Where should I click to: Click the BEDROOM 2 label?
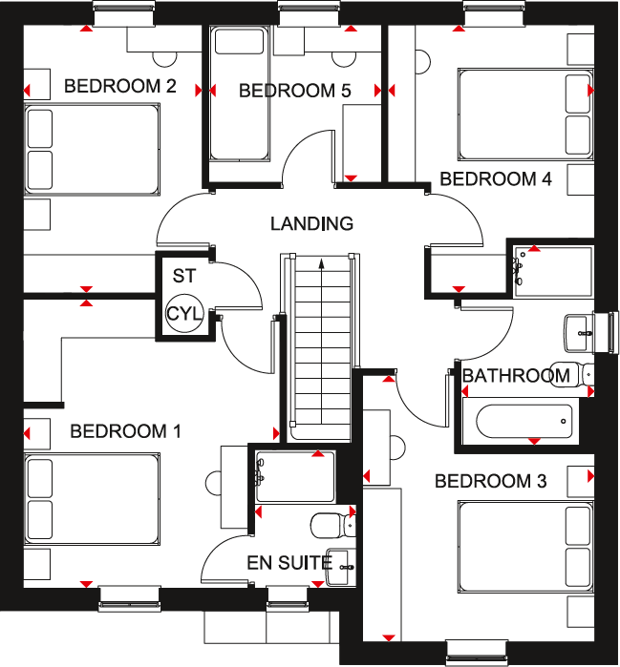(x=119, y=87)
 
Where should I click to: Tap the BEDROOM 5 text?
(x=295, y=92)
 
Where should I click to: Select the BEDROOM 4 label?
(x=496, y=179)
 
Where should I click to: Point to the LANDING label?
(x=311, y=224)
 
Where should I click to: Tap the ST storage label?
(x=182, y=277)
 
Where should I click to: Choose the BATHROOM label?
(x=517, y=376)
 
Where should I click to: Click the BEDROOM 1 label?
(x=125, y=432)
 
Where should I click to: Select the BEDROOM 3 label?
(x=490, y=482)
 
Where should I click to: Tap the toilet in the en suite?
(x=330, y=525)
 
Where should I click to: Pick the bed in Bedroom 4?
(x=525, y=111)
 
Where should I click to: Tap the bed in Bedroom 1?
(x=92, y=500)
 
